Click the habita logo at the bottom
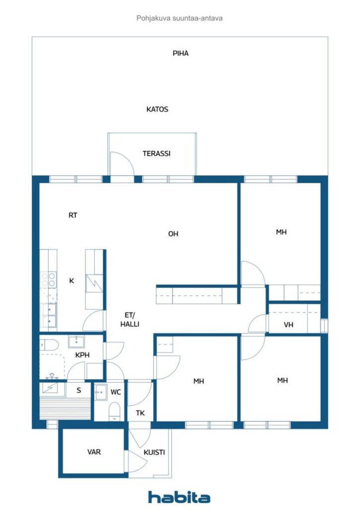pos(179,497)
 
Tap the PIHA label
pos(180,53)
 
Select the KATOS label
pos(157,109)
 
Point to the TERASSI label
pos(157,154)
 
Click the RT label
pos(73,215)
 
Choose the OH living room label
pos(173,234)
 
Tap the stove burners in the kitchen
pos(48,279)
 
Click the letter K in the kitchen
pos(72,281)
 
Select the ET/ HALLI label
pos(130,320)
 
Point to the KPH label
pos(82,355)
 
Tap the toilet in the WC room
pos(114,411)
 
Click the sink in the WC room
pos(101,393)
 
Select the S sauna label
pos(79,391)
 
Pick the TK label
pos(140,413)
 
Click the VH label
pos(288,325)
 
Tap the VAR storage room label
pos(94,452)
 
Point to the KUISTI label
pos(154,452)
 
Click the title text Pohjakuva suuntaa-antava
pos(180,18)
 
